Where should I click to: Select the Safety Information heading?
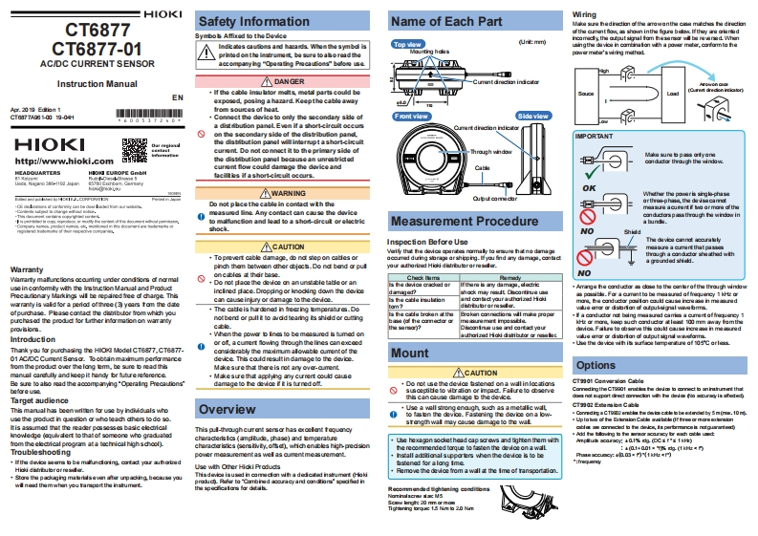tap(240, 20)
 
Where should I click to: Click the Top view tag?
tap(407, 44)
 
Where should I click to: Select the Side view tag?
tap(531, 115)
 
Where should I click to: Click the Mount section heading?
tap(409, 353)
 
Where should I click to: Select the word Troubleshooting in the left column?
tap(41, 450)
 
